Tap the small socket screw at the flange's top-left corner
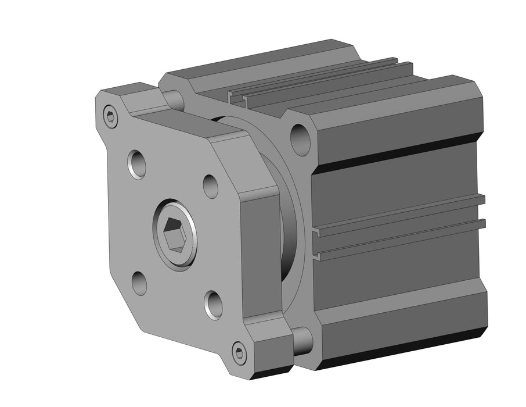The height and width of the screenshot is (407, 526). [111, 116]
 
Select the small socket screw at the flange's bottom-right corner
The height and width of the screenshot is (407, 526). [239, 352]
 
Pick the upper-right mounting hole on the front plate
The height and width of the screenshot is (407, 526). [211, 185]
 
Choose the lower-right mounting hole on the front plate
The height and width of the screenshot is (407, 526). [214, 304]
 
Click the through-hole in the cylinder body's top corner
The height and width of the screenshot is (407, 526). [300, 140]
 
